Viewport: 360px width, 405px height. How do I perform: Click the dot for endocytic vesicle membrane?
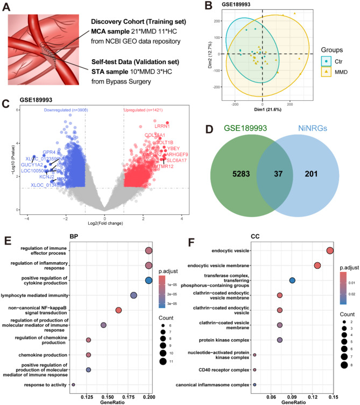point(317,266)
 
